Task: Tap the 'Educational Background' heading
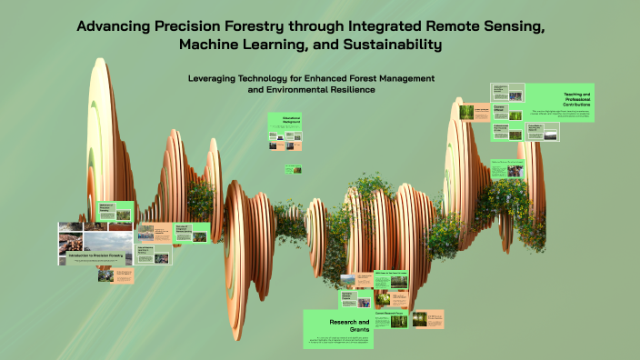(284, 120)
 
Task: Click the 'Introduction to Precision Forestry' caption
(95, 256)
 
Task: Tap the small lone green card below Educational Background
(293, 168)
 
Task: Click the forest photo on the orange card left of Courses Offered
(467, 113)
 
